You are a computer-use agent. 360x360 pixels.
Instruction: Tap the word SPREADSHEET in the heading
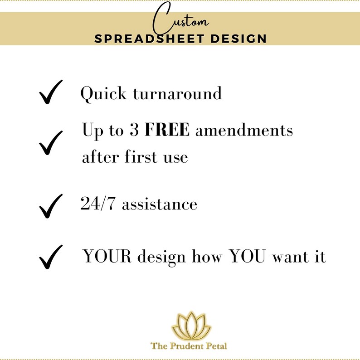[149, 39]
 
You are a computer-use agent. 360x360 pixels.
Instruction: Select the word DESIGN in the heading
[238, 39]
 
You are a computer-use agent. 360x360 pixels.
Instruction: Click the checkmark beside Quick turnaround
[51, 92]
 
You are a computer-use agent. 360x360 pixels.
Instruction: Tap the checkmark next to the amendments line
[51, 143]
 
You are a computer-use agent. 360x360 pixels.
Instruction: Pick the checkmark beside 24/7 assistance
[51, 206]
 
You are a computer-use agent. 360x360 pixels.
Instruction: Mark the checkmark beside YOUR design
[51, 257]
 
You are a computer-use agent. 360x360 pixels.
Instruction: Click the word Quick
[103, 94]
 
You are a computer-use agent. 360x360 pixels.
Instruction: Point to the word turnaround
[177, 93]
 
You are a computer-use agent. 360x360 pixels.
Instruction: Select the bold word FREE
[167, 130]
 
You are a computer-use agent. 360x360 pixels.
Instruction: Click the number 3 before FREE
[134, 130]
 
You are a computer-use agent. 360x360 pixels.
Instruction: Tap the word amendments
[244, 130]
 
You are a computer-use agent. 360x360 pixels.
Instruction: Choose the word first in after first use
[141, 156]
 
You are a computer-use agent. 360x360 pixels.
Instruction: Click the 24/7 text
[97, 204]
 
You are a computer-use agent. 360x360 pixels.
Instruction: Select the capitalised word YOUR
[107, 256]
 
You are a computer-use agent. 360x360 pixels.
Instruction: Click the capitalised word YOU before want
[248, 256]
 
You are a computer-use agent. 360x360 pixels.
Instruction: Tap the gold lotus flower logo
[191, 326]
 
